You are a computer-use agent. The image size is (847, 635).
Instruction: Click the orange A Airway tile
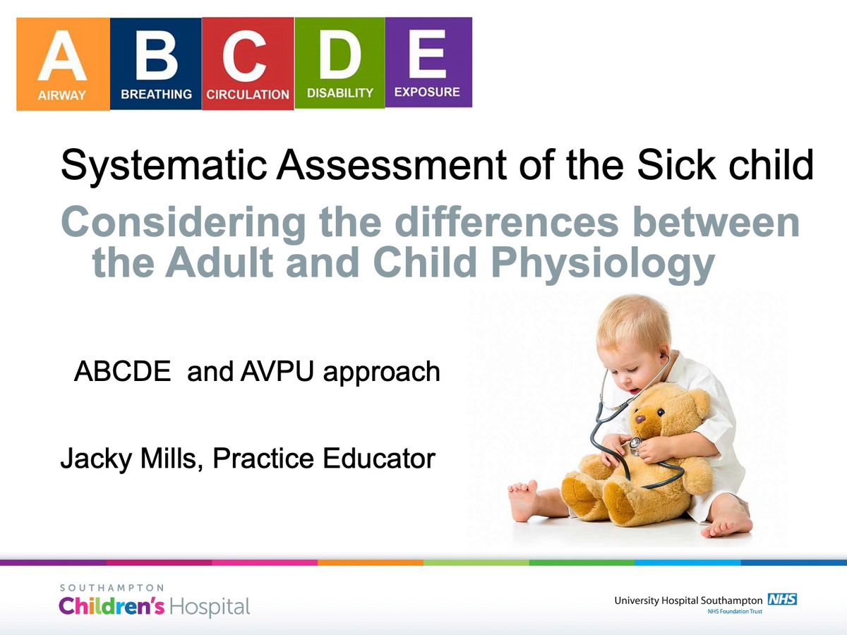click(x=63, y=64)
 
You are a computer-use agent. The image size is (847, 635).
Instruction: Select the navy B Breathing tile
click(x=156, y=64)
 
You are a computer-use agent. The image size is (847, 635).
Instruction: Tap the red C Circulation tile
click(x=248, y=64)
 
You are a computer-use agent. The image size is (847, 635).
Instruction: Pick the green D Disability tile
click(x=340, y=63)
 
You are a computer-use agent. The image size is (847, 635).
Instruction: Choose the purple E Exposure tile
click(x=428, y=62)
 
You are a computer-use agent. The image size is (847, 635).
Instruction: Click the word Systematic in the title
click(x=164, y=166)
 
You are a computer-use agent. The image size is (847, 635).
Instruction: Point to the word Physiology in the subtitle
click(x=603, y=264)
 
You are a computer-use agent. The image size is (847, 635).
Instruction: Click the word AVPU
click(x=276, y=371)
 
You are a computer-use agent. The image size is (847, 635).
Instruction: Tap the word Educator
click(x=379, y=458)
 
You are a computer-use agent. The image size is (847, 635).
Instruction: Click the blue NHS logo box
click(x=782, y=599)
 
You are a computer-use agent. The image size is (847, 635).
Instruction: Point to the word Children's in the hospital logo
click(x=112, y=605)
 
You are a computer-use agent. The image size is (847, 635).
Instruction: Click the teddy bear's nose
click(x=640, y=418)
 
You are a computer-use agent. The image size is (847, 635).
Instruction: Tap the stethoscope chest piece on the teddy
click(x=635, y=443)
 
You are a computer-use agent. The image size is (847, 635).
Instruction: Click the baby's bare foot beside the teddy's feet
click(x=524, y=500)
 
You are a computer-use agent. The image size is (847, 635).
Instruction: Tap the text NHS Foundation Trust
click(x=735, y=611)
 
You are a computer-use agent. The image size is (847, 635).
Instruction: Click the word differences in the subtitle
click(x=507, y=223)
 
